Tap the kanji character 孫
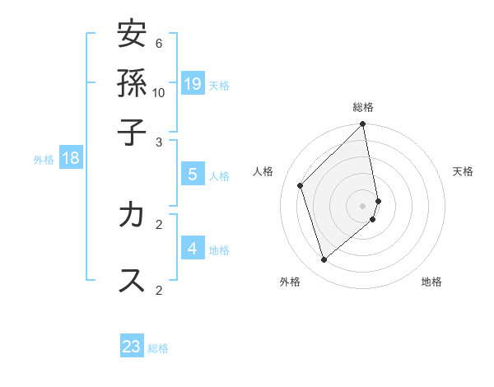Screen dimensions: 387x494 tap(132, 83)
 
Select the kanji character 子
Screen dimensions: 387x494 tap(132, 132)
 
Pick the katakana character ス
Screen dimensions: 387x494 tap(132, 280)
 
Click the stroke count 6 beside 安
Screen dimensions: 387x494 tap(159, 43)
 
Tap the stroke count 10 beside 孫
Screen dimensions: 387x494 tap(159, 92)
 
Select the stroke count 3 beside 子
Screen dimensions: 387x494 tap(159, 142)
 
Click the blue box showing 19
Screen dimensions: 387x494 tap(193, 83)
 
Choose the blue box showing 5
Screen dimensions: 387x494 tap(193, 174)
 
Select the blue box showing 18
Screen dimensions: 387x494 tap(71, 158)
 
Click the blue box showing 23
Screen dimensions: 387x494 tap(132, 347)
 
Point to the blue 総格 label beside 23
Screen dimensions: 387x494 tap(159, 348)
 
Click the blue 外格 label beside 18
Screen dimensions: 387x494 tap(44, 160)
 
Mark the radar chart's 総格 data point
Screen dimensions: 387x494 tap(363, 124)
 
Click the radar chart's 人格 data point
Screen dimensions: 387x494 tap(301, 185)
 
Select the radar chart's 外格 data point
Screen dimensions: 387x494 tap(324, 260)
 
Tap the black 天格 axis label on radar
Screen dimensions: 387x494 tap(463, 171)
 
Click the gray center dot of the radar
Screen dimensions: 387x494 tap(363, 204)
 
